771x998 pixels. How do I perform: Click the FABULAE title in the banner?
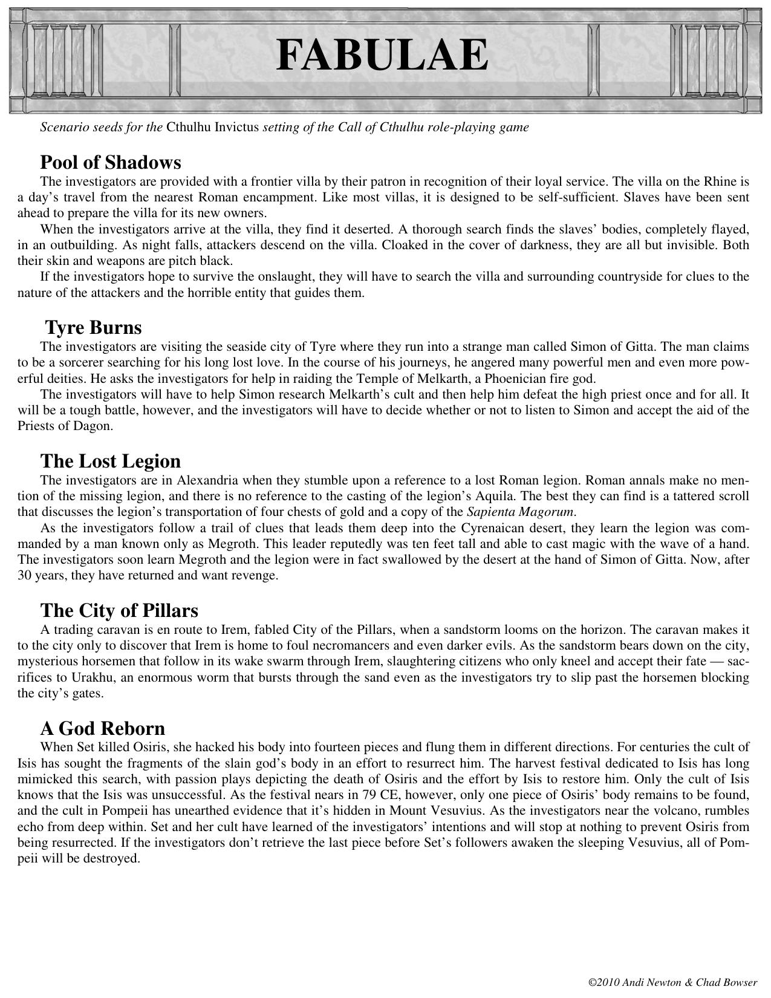tap(382, 55)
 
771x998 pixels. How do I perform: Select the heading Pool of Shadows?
tap(111, 162)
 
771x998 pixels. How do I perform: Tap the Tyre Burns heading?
tap(94, 327)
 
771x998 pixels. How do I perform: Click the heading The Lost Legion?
tap(111, 461)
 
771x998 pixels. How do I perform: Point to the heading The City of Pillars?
tap(119, 610)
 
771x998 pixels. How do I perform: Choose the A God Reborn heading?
tap(102, 728)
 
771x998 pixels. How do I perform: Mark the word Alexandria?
tap(207, 480)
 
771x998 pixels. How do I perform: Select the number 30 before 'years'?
tap(24, 575)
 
